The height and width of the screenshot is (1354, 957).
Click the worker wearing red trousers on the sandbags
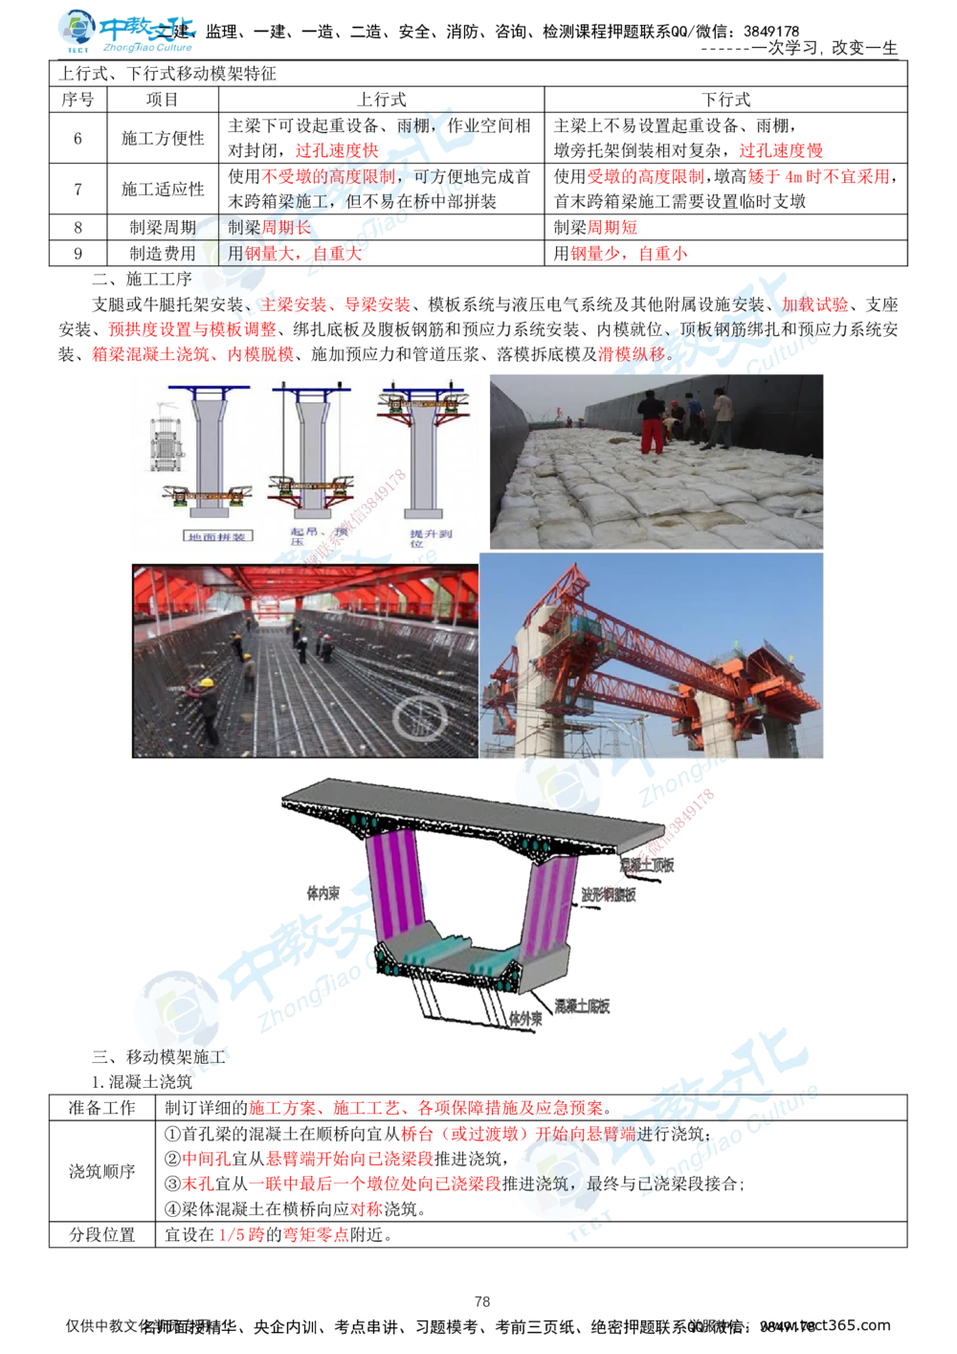(650, 426)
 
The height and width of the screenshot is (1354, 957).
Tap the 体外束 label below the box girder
(525, 1021)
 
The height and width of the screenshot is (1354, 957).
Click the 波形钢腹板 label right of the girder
(611, 894)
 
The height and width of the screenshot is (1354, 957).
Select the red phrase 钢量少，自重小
(627, 254)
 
